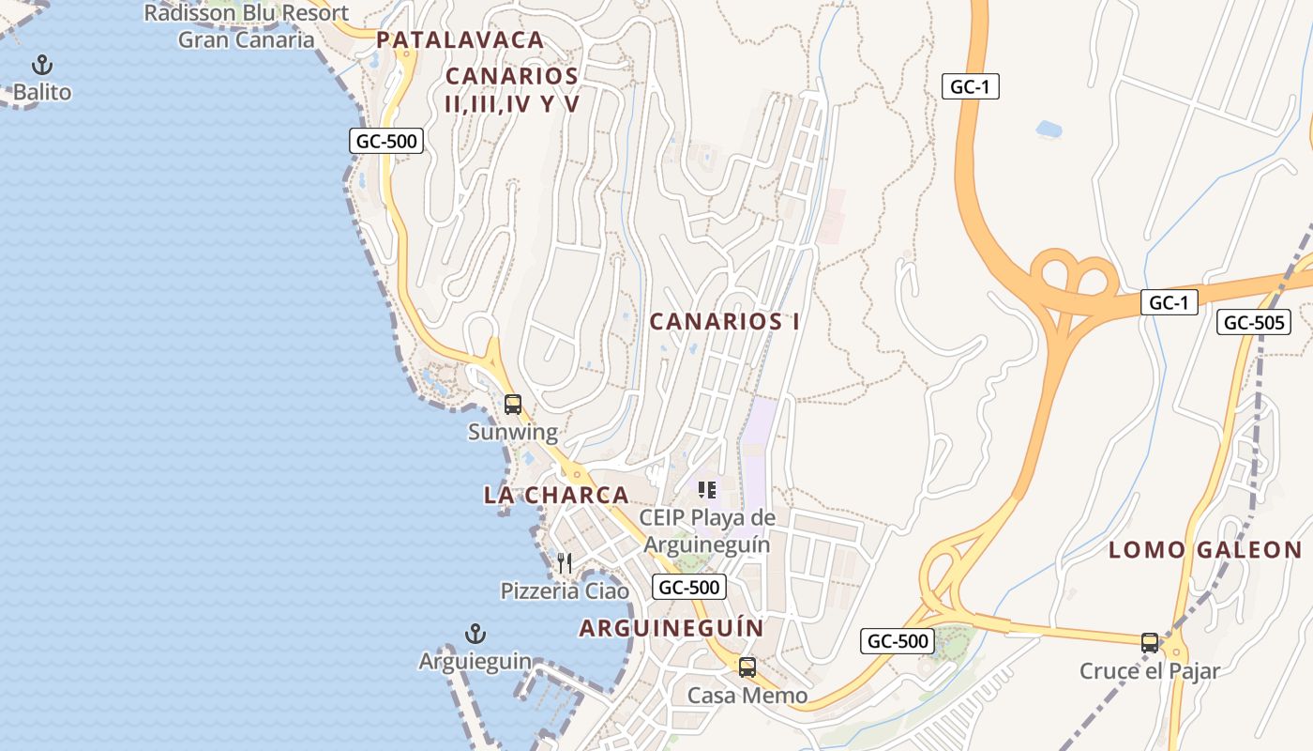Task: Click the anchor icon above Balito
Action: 42,65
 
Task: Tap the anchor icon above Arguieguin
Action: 475,634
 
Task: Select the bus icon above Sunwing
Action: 513,405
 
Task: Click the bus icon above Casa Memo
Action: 747,667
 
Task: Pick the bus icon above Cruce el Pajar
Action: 1150,643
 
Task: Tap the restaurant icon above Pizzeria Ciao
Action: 565,562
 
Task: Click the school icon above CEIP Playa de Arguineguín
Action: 707,489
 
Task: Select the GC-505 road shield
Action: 1254,323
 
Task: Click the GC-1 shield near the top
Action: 971,87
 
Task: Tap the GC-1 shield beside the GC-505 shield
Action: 1169,302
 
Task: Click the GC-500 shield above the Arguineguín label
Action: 689,588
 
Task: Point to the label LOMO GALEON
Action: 1205,551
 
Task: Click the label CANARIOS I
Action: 725,322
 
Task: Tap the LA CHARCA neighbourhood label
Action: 556,495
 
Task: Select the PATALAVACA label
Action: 460,40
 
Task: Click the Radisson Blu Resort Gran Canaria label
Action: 246,26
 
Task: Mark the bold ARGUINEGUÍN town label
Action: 671,628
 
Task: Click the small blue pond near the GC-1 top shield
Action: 1049,129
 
